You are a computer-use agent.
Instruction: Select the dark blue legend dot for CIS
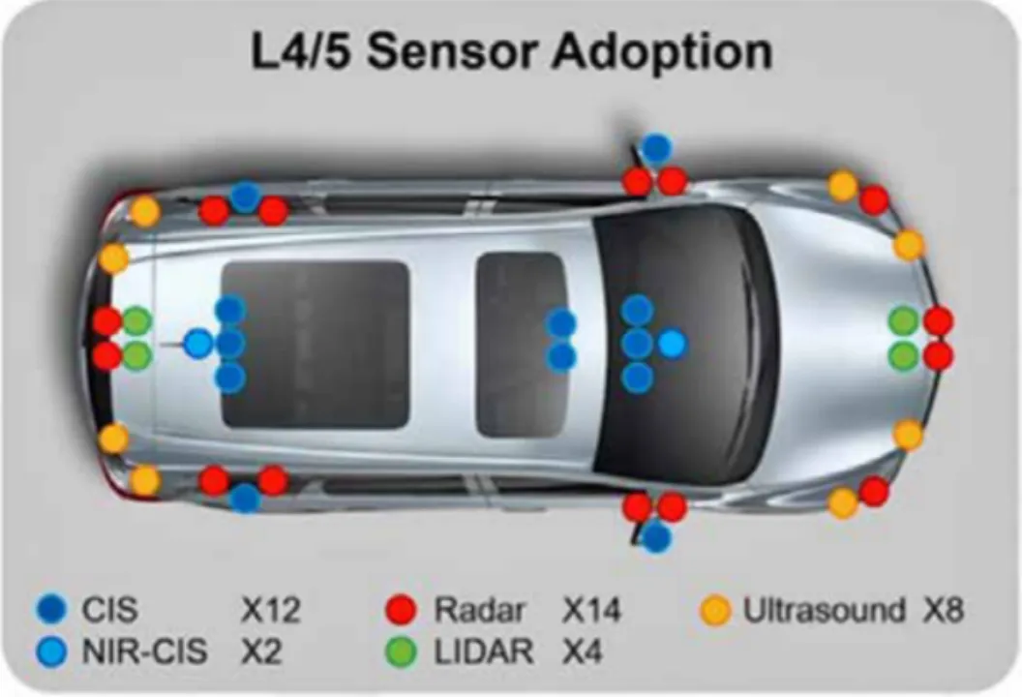click(x=52, y=609)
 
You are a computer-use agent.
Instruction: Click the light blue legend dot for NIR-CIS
click(x=52, y=652)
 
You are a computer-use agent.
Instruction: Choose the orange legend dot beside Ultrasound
click(x=715, y=611)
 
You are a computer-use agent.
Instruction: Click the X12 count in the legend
click(x=270, y=610)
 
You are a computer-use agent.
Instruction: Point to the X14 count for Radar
click(x=591, y=610)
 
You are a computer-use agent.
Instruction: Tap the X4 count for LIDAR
click(x=582, y=652)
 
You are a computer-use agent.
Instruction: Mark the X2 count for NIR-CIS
click(x=261, y=652)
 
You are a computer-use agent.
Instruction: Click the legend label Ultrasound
click(x=824, y=610)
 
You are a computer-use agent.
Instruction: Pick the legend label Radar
click(x=479, y=610)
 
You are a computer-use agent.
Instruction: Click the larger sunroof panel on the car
click(x=315, y=344)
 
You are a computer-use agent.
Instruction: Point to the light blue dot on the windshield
click(x=672, y=343)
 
